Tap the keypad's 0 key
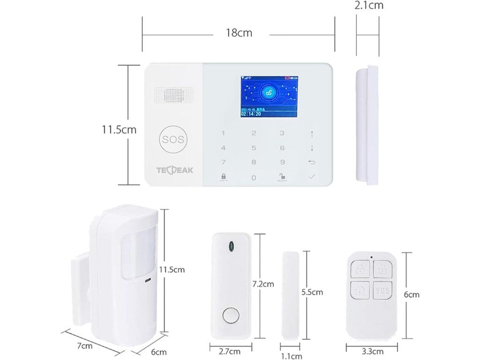pos(254,178)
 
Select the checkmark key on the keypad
pos(312,177)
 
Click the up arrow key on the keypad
pos(312,134)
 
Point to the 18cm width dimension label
pos(239,33)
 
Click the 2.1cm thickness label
pos(369,6)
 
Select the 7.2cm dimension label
pos(263,284)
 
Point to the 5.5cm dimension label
pos(312,292)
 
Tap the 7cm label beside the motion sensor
pos(84,346)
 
